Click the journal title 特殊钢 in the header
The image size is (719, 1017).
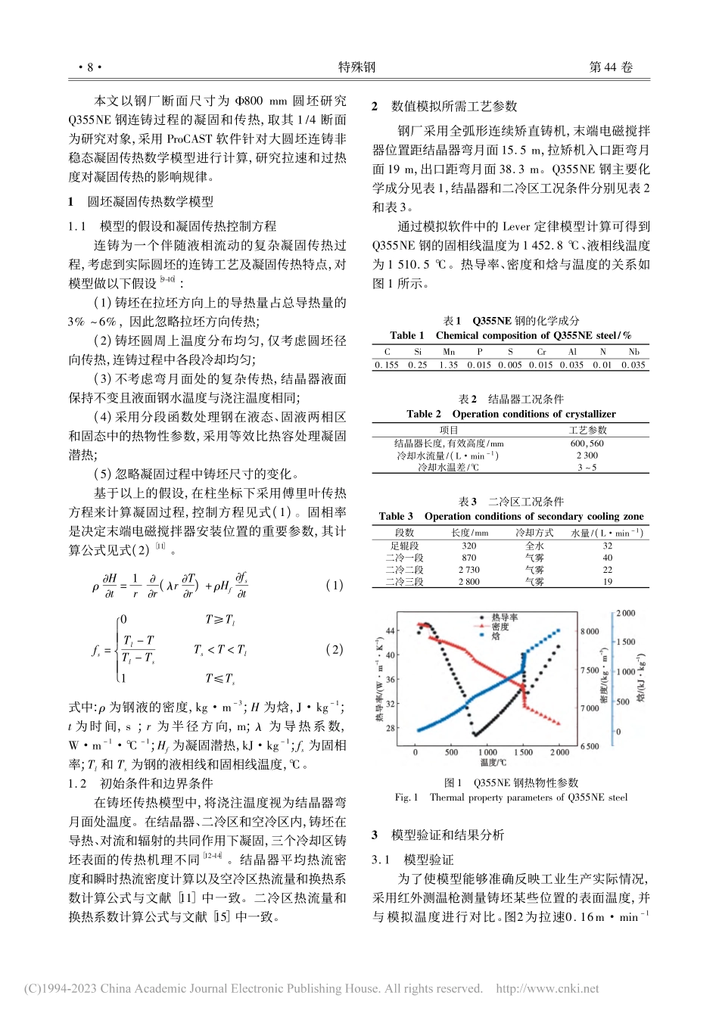coord(357,67)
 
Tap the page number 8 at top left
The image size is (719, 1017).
coord(89,67)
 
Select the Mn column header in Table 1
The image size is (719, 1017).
coord(449,352)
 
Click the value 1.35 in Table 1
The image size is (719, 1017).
coord(449,365)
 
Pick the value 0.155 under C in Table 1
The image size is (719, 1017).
coord(387,365)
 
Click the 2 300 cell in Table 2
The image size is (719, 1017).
coord(587,456)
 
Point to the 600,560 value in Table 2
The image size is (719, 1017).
coord(587,444)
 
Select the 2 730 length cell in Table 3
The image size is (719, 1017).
coord(468,570)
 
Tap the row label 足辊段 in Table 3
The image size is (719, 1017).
coord(404,546)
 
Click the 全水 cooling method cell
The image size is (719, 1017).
coord(534,546)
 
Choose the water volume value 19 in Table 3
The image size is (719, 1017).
coord(607,582)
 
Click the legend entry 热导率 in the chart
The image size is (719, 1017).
coord(504,618)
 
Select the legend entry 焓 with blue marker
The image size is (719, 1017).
coord(496,636)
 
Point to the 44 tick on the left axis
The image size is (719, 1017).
coord(391,630)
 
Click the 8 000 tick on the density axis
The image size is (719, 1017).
coord(590,631)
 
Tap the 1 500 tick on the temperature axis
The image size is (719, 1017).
coord(524,752)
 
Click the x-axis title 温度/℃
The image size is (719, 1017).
coord(493,763)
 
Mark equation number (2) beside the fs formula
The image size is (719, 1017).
coord(333,649)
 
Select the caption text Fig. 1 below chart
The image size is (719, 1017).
coord(406,798)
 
